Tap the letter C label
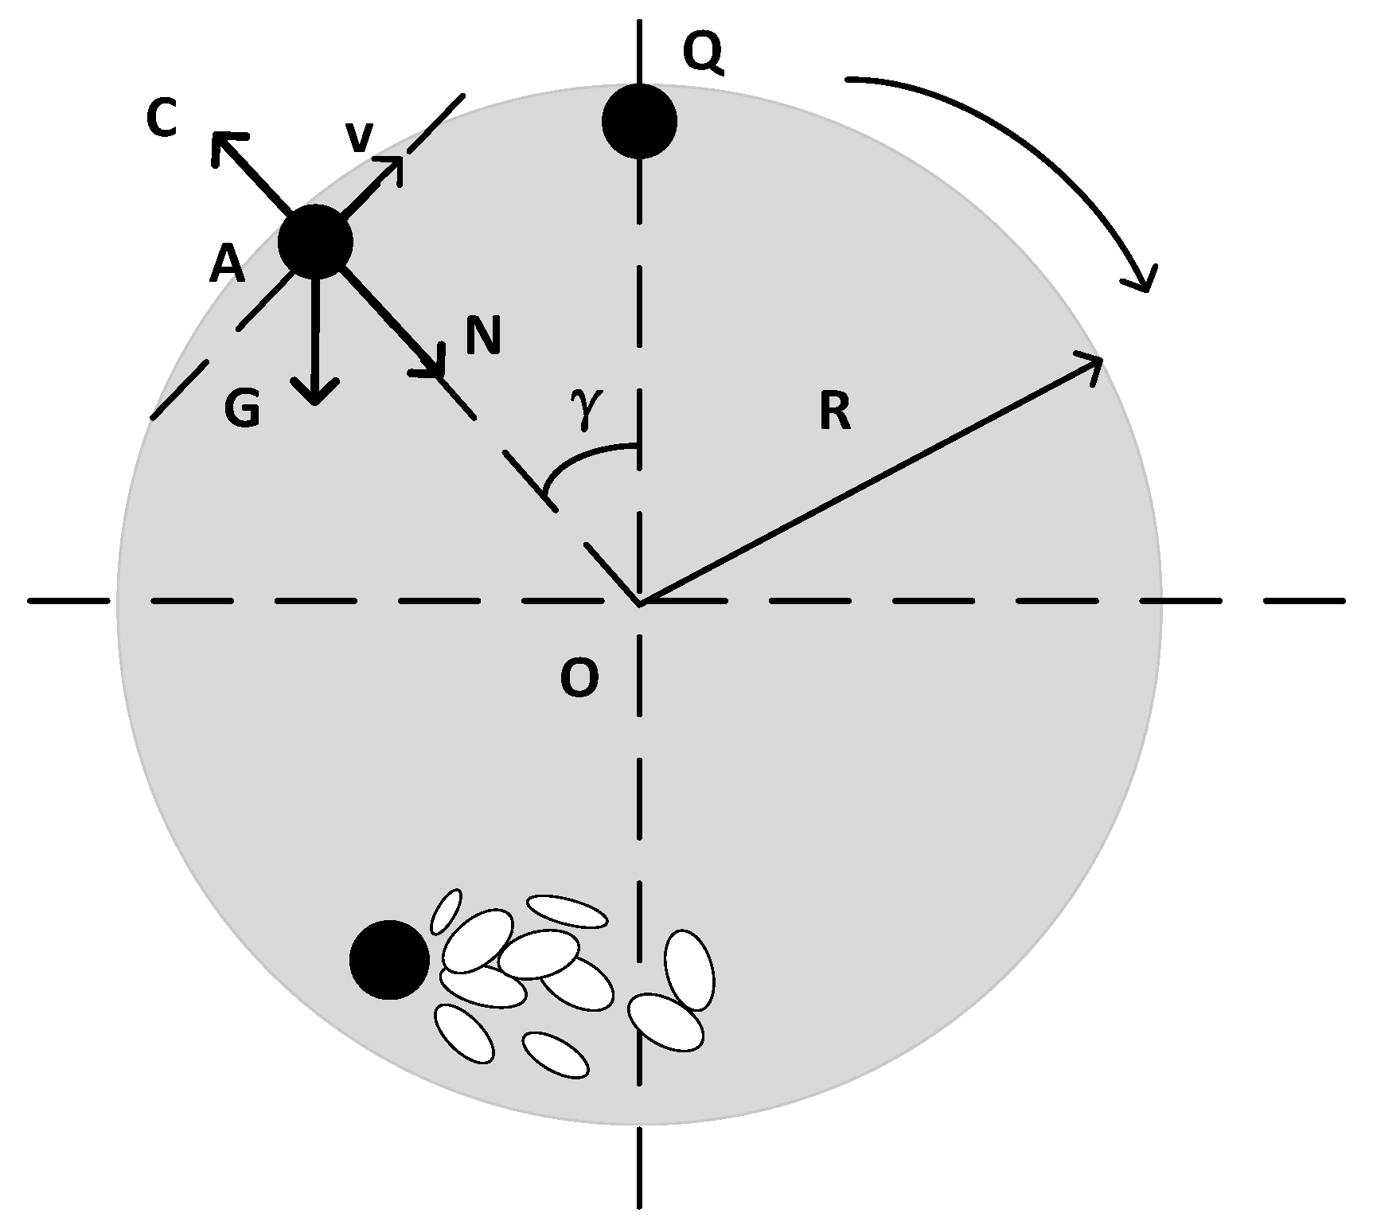[162, 119]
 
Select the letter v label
[359, 138]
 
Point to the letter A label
[227, 265]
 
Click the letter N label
[483, 336]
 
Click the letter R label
[834, 413]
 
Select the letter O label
[579, 680]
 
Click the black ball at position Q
[639, 122]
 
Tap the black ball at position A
[315, 241]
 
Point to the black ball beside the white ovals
[389, 959]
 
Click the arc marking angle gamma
[581, 458]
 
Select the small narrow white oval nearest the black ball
[446, 911]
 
